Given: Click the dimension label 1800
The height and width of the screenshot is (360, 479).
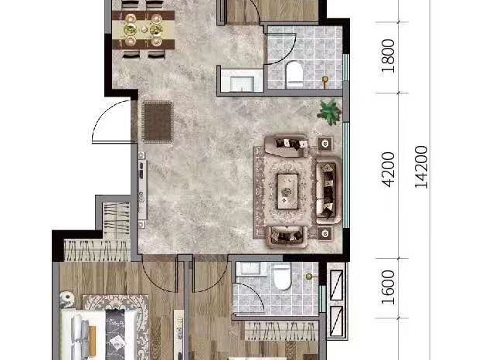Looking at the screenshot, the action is (x=388, y=56).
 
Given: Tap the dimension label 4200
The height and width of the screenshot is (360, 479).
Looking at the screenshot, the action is (x=389, y=169).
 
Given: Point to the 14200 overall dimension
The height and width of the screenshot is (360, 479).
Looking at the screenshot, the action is (x=421, y=167).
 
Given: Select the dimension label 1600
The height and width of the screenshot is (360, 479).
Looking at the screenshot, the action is (x=388, y=287).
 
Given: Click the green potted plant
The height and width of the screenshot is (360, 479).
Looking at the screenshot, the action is (x=329, y=112).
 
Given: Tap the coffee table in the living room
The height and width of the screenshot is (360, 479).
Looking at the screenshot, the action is (x=287, y=192).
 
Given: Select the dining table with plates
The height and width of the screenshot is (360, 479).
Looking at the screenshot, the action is (x=143, y=30).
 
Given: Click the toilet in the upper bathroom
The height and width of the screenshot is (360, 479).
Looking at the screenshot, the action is (x=294, y=74).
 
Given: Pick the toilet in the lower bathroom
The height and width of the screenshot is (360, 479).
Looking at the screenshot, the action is (x=281, y=277).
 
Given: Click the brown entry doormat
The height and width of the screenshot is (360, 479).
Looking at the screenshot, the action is (x=158, y=122).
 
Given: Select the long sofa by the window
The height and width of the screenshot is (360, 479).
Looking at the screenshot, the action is (x=328, y=190).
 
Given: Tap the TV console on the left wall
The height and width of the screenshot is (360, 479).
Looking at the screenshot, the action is (x=142, y=189).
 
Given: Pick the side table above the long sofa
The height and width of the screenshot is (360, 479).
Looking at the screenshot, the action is (x=325, y=143).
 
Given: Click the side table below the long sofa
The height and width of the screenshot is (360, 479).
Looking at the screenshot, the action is (x=325, y=233).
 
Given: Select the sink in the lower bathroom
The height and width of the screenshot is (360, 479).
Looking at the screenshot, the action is (x=250, y=268).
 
